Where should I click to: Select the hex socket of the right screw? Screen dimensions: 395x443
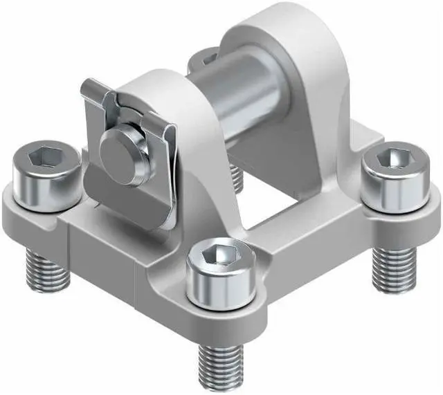tap(391, 158)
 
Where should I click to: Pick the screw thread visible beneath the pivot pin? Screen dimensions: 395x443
tap(236, 177)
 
